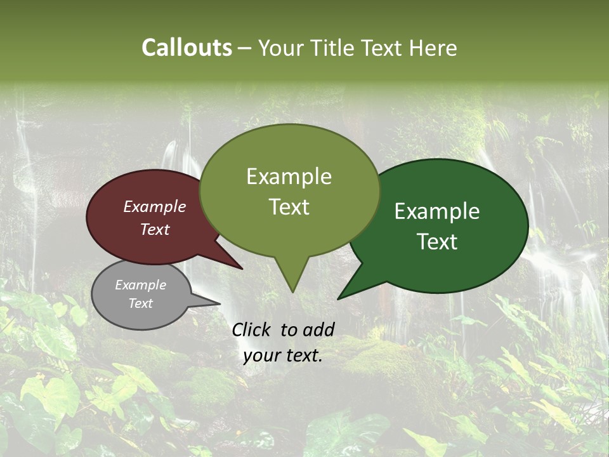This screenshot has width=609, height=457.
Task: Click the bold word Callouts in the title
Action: [187, 48]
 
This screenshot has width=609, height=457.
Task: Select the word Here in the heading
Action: [432, 48]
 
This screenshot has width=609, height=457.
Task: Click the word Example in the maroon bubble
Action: [154, 206]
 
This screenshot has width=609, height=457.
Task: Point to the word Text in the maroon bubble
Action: [154, 229]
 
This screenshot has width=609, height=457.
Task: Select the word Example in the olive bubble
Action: [289, 176]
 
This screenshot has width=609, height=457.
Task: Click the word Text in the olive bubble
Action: [289, 207]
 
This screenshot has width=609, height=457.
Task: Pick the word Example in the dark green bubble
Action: [437, 211]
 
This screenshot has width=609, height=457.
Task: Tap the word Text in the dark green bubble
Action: [437, 242]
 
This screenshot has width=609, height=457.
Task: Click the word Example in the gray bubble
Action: [140, 285]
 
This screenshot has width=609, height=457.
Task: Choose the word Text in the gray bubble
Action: [140, 303]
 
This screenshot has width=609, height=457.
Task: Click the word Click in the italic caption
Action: [252, 329]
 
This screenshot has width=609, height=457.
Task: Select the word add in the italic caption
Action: [319, 329]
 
